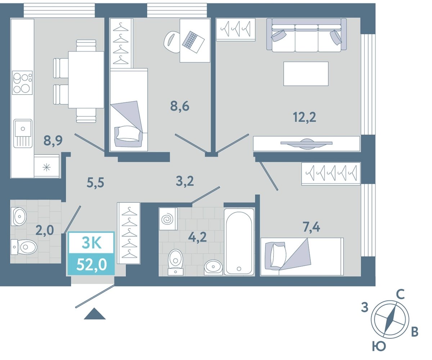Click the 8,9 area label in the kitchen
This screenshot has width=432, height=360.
[x=53, y=141]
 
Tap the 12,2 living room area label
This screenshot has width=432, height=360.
[x=304, y=117]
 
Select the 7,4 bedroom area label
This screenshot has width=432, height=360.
[x=311, y=227]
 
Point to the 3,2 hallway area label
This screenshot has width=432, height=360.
[x=185, y=181]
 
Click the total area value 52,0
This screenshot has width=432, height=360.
[x=91, y=265]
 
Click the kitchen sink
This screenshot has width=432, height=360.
[x=23, y=133]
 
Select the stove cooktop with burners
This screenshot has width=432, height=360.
[x=22, y=82]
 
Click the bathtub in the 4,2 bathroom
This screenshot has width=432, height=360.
[x=239, y=242]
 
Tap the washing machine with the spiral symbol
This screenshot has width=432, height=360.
[x=168, y=219]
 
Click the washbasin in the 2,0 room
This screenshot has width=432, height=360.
[x=19, y=216]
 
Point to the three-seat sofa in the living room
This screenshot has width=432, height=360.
[x=306, y=35]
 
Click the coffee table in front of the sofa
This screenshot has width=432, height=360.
[x=306, y=74]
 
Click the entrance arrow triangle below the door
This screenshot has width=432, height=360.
[x=95, y=314]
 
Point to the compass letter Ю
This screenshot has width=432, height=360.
[x=379, y=346]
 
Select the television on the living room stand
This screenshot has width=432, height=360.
[x=306, y=143]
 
